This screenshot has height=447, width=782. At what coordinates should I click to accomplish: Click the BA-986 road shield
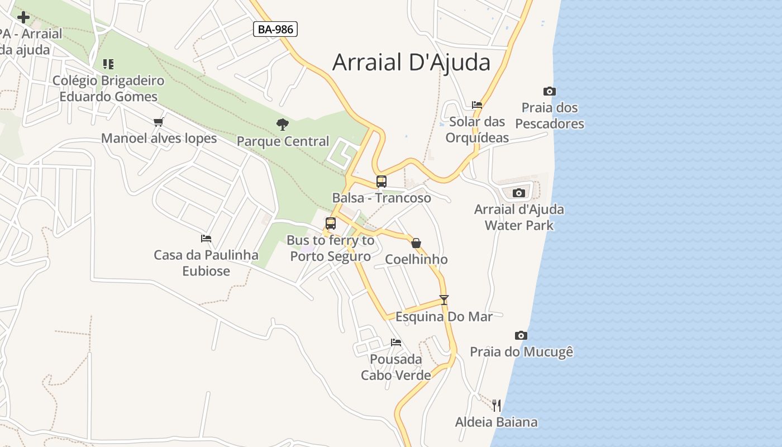(275, 29)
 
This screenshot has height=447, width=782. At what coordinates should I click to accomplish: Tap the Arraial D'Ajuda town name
(411, 62)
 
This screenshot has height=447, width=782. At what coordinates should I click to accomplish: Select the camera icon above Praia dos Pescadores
(549, 91)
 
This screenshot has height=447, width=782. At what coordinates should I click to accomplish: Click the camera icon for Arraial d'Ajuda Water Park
(518, 193)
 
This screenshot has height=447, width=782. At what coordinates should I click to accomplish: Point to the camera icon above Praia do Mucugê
(521, 335)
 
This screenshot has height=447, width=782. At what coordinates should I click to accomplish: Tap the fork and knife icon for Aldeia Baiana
(496, 405)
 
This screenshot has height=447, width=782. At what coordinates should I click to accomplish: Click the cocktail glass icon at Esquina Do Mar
(444, 299)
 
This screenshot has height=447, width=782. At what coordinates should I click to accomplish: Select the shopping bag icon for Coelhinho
(416, 243)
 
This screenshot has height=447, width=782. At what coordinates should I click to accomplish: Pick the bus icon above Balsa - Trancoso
(381, 182)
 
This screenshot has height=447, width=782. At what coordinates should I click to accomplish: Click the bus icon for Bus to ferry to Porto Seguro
(330, 223)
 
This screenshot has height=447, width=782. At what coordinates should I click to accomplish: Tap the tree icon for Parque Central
(283, 124)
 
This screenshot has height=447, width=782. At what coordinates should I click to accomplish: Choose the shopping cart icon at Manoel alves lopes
(159, 122)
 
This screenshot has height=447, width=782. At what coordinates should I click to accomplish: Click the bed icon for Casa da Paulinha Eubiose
(206, 239)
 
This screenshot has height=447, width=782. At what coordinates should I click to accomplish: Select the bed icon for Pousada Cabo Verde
(396, 342)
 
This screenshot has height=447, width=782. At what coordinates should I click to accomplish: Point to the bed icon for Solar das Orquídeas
(476, 104)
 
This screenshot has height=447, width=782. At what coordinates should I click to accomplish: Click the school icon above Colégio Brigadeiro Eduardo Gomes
(108, 64)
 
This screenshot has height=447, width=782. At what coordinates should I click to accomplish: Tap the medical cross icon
(23, 17)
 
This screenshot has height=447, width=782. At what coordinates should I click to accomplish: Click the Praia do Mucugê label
(521, 352)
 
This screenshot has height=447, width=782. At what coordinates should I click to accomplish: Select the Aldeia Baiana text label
(496, 422)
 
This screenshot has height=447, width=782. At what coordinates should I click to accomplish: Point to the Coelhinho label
(416, 259)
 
